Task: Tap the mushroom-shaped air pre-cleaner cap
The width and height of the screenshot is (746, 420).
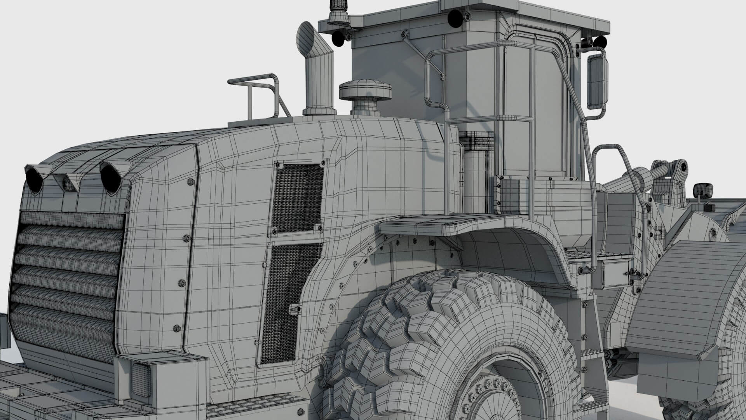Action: [364, 90]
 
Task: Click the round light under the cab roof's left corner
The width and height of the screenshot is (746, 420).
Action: [337, 37]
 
